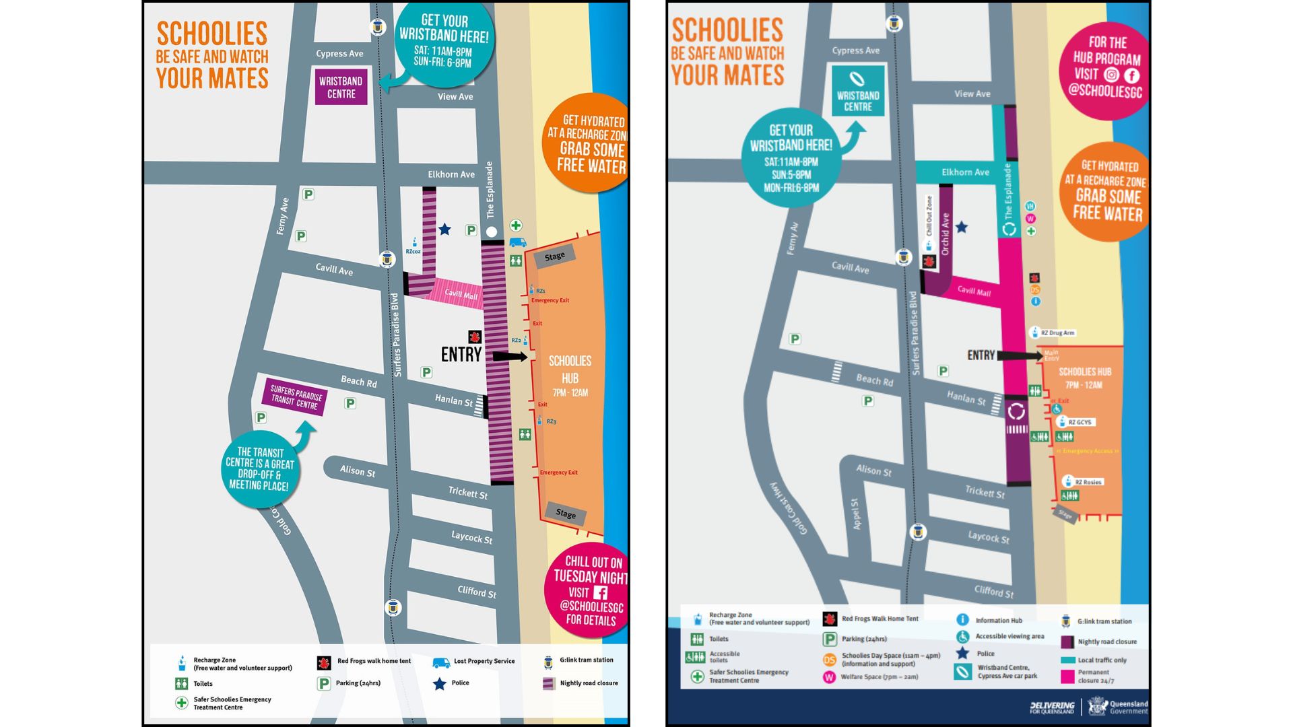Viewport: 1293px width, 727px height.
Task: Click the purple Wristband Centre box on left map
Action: (341, 87)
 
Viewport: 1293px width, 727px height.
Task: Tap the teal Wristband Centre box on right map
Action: (857, 91)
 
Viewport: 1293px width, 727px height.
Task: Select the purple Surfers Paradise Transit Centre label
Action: (295, 397)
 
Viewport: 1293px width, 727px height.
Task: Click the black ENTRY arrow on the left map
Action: (510, 357)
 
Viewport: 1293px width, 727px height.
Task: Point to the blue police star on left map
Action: (444, 230)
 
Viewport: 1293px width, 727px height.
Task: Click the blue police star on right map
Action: (962, 228)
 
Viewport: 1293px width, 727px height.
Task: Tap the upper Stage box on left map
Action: (554, 256)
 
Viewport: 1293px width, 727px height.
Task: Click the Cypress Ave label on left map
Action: (339, 54)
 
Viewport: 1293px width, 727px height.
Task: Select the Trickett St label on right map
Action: (985, 492)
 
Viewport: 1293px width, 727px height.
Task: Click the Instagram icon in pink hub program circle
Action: (1111, 75)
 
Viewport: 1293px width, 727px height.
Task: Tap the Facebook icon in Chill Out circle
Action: (600, 592)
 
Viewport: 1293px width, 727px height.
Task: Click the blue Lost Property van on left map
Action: (517, 242)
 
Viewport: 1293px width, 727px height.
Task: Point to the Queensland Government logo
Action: (1115, 707)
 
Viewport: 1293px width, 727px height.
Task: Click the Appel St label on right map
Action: (855, 514)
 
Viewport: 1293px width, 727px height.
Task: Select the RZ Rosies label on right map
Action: (1088, 482)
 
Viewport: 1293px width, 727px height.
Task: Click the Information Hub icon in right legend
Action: (962, 619)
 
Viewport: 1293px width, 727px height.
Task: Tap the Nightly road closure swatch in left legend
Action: (549, 683)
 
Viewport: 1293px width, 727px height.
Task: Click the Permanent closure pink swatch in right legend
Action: (1067, 676)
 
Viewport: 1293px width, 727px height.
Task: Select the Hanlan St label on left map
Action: (453, 400)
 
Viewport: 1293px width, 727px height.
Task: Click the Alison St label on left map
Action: (358, 471)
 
